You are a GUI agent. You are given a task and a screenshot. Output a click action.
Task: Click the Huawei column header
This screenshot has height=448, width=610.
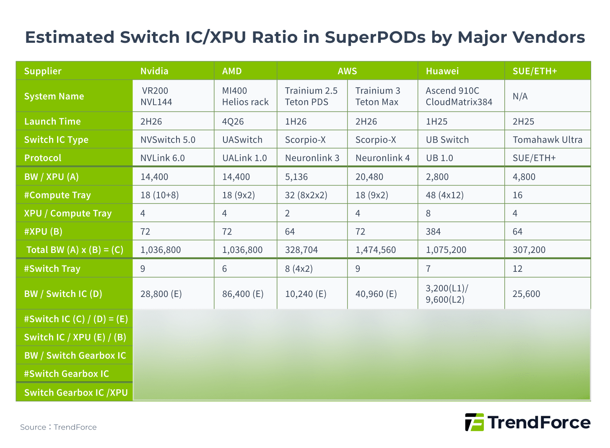pos(442,71)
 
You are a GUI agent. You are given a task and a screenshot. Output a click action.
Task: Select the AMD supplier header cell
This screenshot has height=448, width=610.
pos(232,71)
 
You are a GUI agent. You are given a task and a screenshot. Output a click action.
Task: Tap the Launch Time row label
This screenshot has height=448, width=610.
pos(52,121)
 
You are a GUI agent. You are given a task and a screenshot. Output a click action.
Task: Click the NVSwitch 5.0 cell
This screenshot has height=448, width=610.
pos(168,140)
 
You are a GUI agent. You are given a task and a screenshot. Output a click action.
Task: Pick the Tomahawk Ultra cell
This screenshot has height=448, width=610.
pos(547,140)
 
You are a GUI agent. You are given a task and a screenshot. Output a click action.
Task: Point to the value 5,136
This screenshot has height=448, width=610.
pos(296,177)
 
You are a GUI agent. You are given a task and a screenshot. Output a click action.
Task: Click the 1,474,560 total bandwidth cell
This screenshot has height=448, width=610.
pos(375,250)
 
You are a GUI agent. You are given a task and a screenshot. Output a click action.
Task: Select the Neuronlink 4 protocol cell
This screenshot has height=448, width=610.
pos(382,158)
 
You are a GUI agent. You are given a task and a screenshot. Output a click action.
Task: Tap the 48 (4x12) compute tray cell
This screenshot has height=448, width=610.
pos(444,195)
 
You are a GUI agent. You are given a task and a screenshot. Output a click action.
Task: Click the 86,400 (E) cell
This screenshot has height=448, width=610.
pos(243,294)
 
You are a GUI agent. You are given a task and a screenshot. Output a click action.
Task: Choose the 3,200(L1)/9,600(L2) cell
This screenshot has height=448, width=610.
pos(447,294)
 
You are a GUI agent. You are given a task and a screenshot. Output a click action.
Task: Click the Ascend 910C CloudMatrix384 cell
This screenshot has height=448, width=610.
pos(459,96)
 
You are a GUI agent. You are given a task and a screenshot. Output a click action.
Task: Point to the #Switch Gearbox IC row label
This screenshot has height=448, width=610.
pos(66,373)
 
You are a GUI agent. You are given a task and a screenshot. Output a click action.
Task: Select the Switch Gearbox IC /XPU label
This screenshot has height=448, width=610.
pos(75,393)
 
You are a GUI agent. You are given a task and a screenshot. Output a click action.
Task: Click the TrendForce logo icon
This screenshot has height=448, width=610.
pos(474,422)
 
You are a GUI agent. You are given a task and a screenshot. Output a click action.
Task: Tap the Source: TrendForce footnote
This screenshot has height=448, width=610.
pos(58,427)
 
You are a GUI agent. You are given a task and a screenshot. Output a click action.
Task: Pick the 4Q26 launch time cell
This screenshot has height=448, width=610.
pos(233,121)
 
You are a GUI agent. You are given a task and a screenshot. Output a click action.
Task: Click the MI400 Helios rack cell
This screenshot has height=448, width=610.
pos(245,96)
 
